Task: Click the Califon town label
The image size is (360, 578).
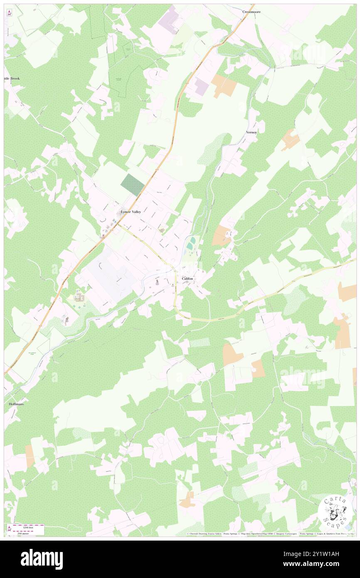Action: click(187, 279)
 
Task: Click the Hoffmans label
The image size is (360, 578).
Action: click(16, 404)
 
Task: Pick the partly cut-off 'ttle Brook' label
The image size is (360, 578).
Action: click(12, 78)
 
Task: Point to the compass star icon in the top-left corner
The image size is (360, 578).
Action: click(9, 12)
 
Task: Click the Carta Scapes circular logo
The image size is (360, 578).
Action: click(335, 512)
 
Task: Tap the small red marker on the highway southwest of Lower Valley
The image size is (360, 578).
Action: click(104, 236)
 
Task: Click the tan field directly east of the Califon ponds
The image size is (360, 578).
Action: click(221, 235)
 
